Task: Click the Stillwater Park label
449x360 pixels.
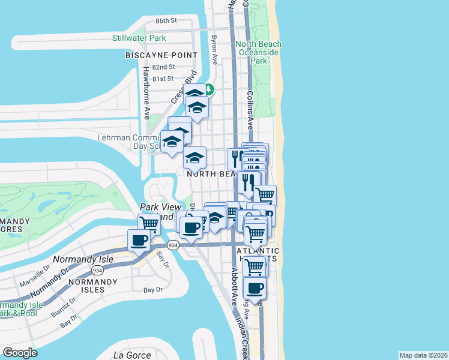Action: pos(139,38)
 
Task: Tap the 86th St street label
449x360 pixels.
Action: pos(166,20)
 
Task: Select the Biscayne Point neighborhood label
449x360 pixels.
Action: pos(161,55)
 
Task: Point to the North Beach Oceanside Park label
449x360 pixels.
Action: pos(258,52)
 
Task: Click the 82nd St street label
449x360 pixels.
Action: pos(163,67)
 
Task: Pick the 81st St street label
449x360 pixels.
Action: pos(162,79)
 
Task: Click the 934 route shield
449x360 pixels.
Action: pos(173,245)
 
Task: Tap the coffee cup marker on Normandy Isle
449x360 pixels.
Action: pos(139,241)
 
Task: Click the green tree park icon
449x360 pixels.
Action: pos(209,89)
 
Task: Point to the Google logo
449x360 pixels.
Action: pos(20,353)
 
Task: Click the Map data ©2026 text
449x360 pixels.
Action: pos(423,355)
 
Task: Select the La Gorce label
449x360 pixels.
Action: pos(130,355)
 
